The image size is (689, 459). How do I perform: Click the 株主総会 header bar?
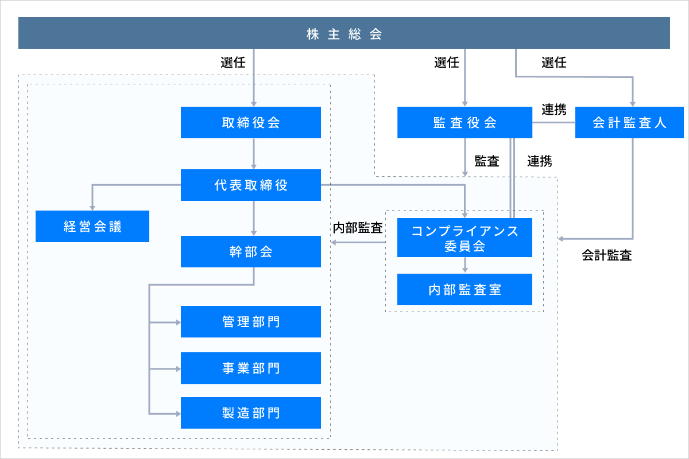pos(344,33)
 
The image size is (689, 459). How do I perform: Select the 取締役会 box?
pos(251,122)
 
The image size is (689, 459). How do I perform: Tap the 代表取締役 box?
pos(251,185)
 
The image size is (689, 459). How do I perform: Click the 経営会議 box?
pos(92,226)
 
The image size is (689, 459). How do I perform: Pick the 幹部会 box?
pos(251,251)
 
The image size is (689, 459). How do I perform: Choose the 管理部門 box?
pos(251,321)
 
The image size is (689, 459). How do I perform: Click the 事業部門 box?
pos(251,368)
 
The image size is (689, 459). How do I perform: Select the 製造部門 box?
pos(251,413)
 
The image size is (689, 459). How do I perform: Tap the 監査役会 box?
pos(465,122)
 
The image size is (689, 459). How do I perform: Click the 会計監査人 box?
pos(629,122)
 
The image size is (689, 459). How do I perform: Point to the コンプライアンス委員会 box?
pos(465,238)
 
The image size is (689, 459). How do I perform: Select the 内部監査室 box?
pos(465,289)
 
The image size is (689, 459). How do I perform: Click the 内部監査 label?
pos(358,228)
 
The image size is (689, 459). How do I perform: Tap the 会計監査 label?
pos(606,255)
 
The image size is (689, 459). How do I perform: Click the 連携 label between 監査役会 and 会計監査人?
pos(554,110)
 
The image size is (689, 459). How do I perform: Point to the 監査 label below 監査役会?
pos(487,161)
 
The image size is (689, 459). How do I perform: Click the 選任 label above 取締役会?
pos(233,63)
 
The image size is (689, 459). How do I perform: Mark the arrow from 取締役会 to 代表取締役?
pos(254,154)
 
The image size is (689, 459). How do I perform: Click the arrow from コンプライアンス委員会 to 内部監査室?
pos(465,265)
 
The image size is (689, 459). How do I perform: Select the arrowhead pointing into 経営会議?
pos(92,208)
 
